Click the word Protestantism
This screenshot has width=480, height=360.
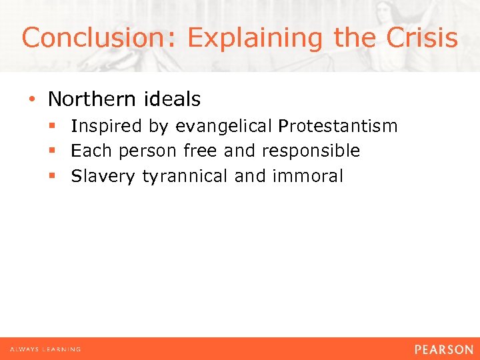click(338, 126)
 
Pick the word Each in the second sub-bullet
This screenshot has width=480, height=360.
click(91, 151)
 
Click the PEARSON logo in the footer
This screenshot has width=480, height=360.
click(443, 349)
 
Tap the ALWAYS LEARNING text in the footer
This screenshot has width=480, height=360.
click(45, 349)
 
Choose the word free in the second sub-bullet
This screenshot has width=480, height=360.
click(200, 151)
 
